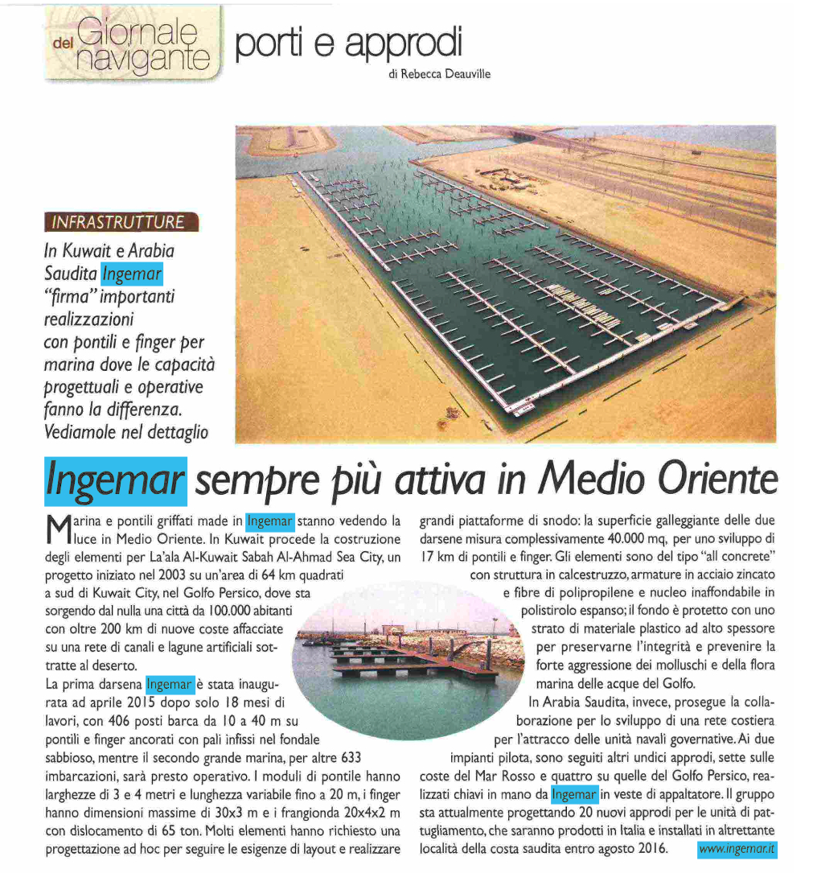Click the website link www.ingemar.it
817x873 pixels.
coord(737,849)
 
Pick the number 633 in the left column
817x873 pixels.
coord(349,758)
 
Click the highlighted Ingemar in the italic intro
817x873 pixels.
coord(133,274)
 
